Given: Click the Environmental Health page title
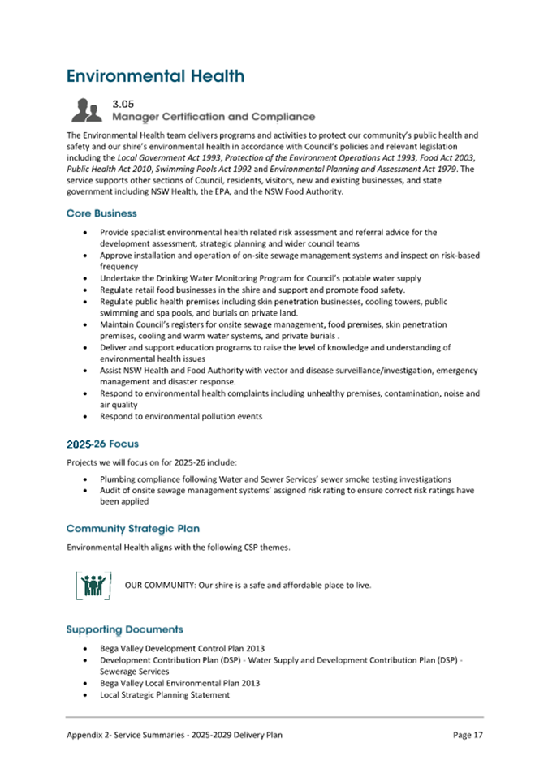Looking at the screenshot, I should (155, 76).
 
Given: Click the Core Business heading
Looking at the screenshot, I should (101, 213).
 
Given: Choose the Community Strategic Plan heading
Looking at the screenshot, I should (133, 528).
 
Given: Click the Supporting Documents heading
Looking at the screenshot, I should (124, 629).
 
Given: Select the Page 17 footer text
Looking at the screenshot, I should (468, 734).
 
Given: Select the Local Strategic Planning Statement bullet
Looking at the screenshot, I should (165, 694).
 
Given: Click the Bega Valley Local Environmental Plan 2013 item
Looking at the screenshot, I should (179, 683).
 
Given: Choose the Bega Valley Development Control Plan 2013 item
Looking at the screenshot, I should (181, 648).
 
